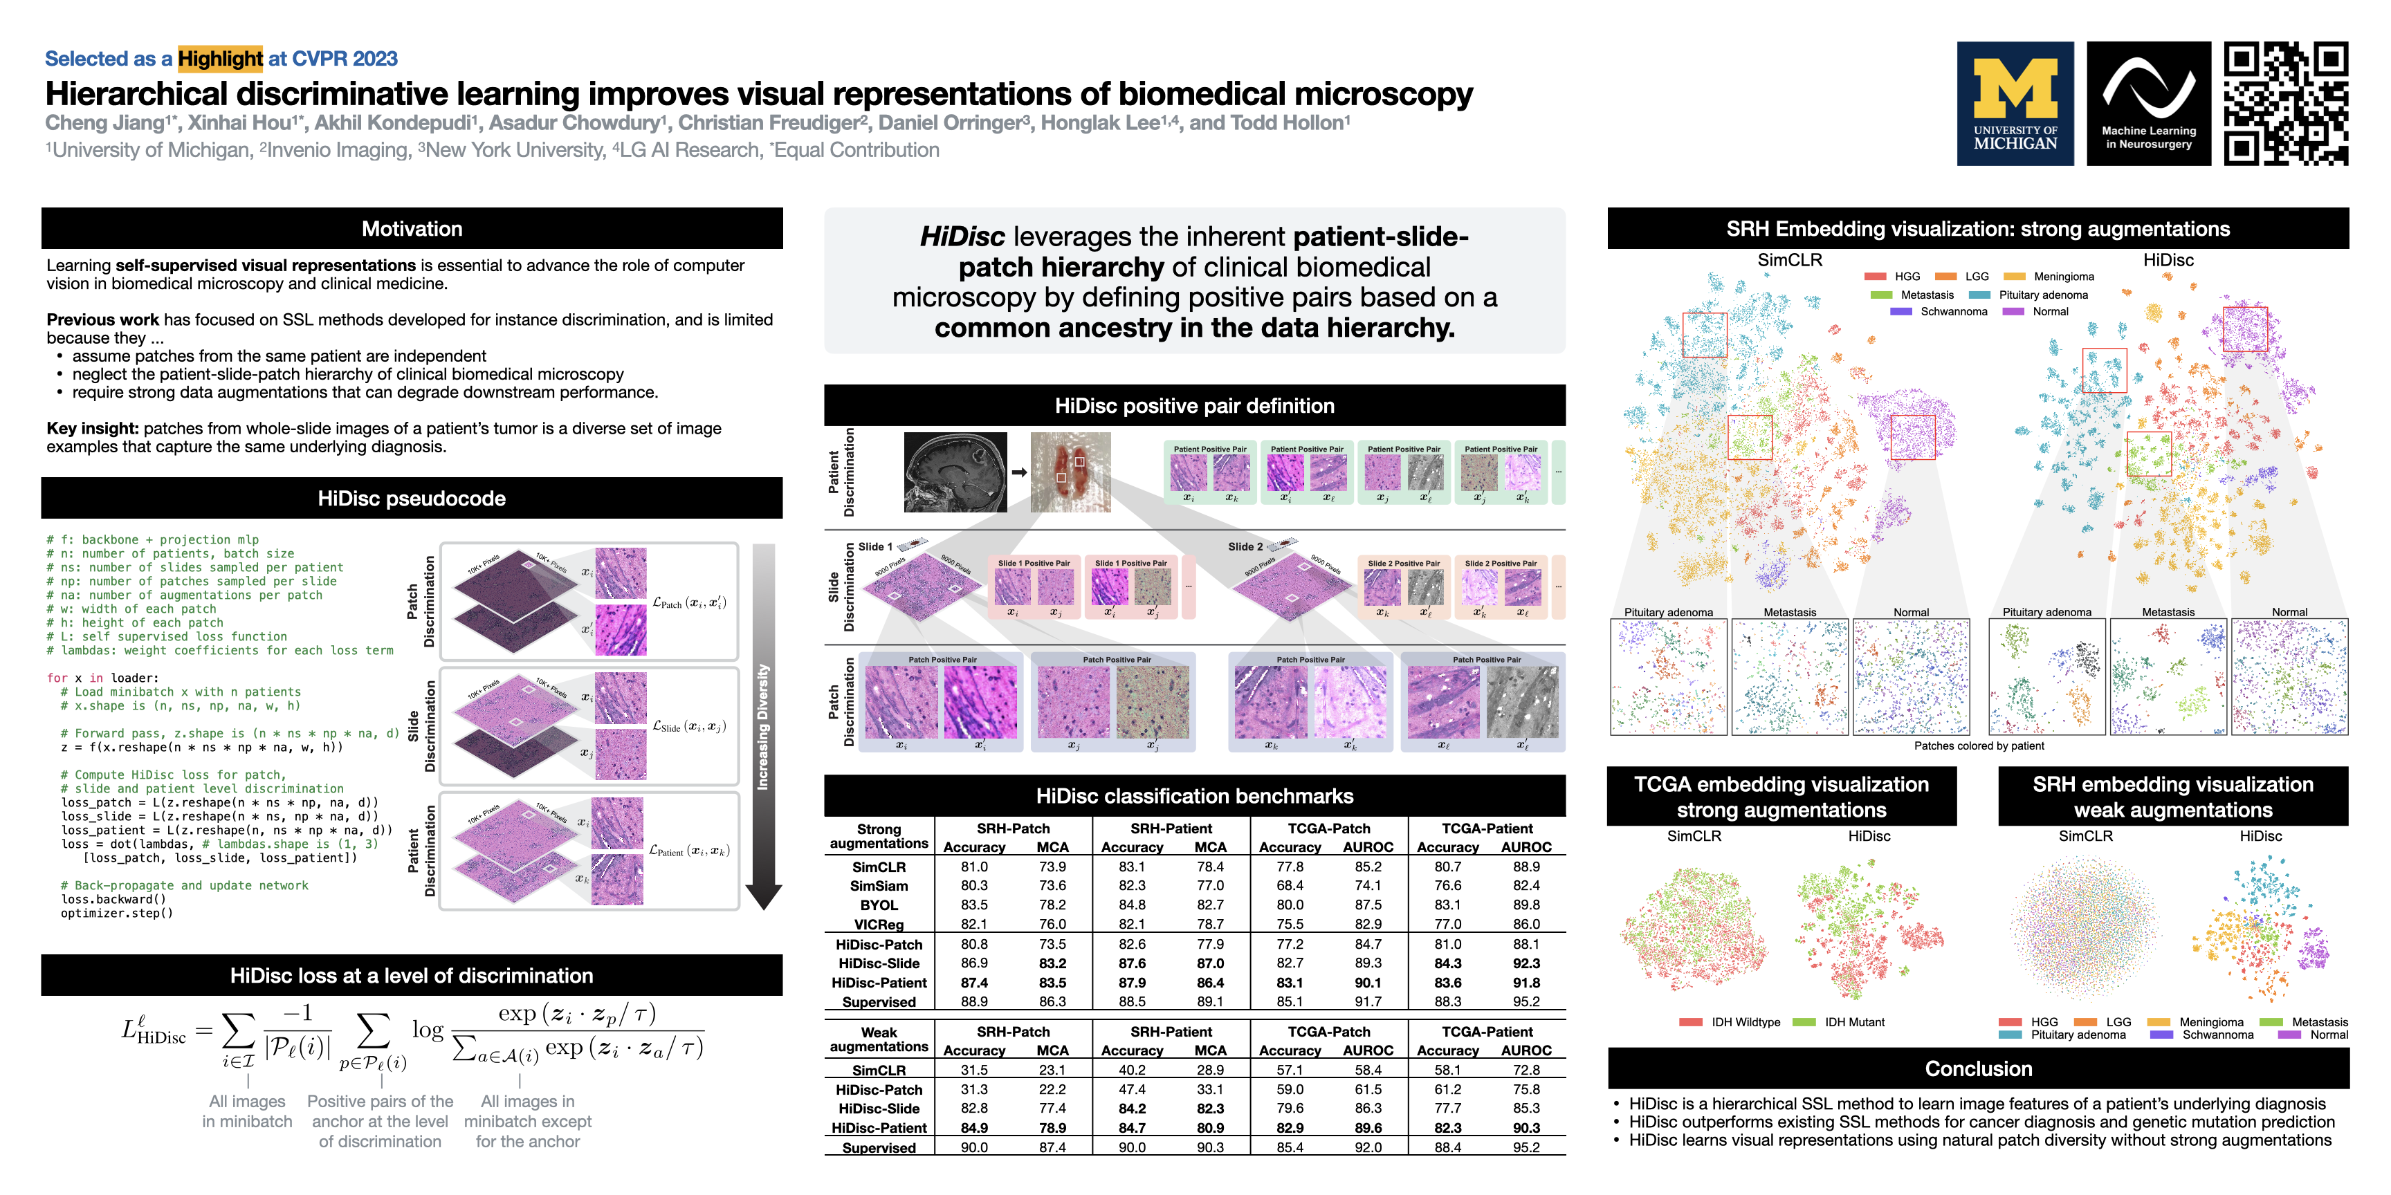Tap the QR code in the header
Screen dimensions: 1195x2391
[x=2285, y=104]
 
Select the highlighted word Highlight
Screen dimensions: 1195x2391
[x=220, y=59]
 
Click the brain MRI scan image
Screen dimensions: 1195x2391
[x=955, y=472]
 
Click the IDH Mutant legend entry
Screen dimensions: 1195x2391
[x=1853, y=1022]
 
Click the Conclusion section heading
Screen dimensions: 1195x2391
[x=1978, y=1069]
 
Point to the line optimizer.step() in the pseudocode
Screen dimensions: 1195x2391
[x=117, y=914]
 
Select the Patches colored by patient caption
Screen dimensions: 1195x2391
[x=1978, y=746]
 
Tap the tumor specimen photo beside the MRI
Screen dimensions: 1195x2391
[x=1070, y=472]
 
